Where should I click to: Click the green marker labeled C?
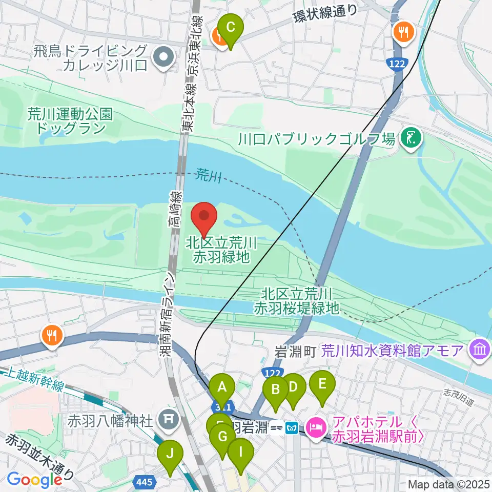[231, 27]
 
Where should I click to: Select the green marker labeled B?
[276, 389]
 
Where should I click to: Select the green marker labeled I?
[240, 453]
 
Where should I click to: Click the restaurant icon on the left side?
[53, 336]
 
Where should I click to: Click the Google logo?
[34, 480]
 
